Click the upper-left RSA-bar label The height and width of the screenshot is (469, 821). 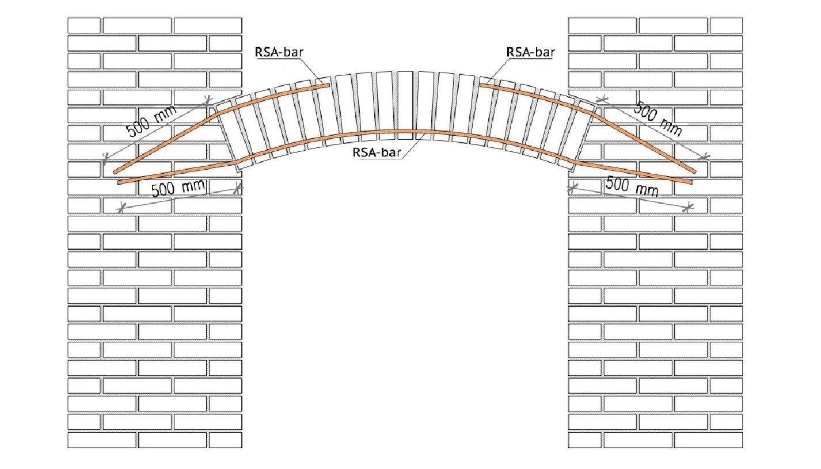(279, 52)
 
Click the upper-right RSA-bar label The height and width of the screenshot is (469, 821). (530, 52)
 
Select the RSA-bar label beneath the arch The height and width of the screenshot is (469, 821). (377, 152)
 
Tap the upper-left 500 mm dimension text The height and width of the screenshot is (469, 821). (151, 121)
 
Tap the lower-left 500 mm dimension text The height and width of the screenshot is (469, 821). (178, 188)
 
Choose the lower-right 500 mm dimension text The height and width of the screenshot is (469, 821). (632, 186)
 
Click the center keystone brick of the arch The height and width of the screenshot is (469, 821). (405, 105)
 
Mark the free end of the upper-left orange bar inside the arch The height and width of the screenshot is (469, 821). (329, 85)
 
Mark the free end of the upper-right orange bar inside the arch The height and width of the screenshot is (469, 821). (481, 85)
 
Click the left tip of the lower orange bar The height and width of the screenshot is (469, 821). (118, 182)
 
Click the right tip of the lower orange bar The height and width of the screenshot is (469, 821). (692, 182)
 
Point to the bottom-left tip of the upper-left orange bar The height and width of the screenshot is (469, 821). (115, 172)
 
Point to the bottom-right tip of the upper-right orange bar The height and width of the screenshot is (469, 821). (695, 171)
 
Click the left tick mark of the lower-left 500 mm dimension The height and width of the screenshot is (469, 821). (121, 208)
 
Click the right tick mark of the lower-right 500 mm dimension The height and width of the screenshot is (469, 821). (689, 207)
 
